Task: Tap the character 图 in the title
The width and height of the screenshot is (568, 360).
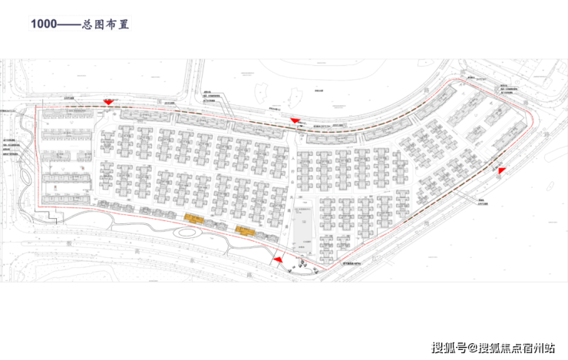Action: [101, 24]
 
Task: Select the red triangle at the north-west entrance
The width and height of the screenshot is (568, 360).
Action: [109, 101]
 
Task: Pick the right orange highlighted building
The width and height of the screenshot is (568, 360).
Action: [245, 230]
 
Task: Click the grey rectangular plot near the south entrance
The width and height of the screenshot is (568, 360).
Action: [303, 230]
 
